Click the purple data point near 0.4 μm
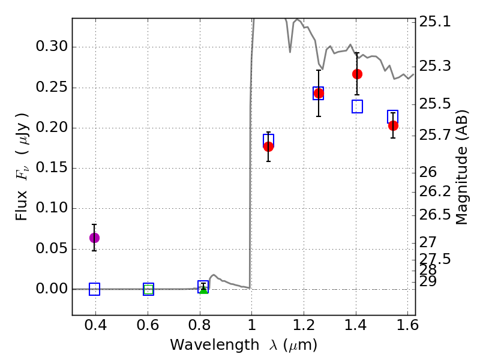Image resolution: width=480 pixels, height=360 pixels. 94,238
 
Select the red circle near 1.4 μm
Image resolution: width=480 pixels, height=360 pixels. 357,74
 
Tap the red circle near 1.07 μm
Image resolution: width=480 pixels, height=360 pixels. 268,146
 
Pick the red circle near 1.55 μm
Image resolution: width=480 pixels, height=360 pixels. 393,125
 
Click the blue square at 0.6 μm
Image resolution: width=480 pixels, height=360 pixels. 148,289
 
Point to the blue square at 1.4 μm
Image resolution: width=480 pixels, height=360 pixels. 357,107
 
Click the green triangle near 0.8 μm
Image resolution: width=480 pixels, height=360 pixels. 203,290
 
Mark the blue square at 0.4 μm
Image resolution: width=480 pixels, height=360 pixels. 94,289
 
